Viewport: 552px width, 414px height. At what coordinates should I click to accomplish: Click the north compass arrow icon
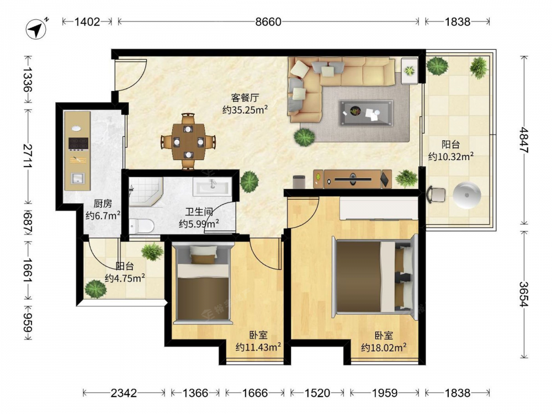tap(37, 28)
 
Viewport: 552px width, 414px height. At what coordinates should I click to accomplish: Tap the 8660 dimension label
tap(268, 22)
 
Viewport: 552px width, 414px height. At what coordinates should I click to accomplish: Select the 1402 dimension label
tap(87, 22)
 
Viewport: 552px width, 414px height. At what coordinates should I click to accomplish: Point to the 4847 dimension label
tap(524, 140)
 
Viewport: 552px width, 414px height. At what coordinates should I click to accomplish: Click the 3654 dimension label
tap(524, 294)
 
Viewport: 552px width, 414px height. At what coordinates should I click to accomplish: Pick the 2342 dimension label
tap(124, 392)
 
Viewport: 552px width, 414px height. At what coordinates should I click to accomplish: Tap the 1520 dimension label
tap(317, 392)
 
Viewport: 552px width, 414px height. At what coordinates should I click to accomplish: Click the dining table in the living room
tap(188, 141)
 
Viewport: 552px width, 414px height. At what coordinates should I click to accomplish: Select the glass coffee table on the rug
tap(366, 113)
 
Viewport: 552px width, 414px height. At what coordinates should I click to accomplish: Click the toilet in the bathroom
tap(141, 226)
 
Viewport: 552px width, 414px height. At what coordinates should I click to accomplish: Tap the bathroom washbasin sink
tap(213, 186)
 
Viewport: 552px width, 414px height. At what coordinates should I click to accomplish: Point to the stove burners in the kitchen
tap(78, 144)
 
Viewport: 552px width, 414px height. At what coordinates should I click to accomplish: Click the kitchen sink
tap(77, 178)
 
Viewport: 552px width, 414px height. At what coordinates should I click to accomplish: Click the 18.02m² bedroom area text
tap(384, 347)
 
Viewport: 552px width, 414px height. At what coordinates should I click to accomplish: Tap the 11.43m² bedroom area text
tap(258, 347)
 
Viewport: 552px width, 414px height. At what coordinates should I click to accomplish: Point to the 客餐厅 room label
tap(245, 98)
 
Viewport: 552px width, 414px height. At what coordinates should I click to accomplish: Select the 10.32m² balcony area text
tap(450, 156)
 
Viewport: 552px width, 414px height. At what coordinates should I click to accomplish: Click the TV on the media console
tap(352, 179)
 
